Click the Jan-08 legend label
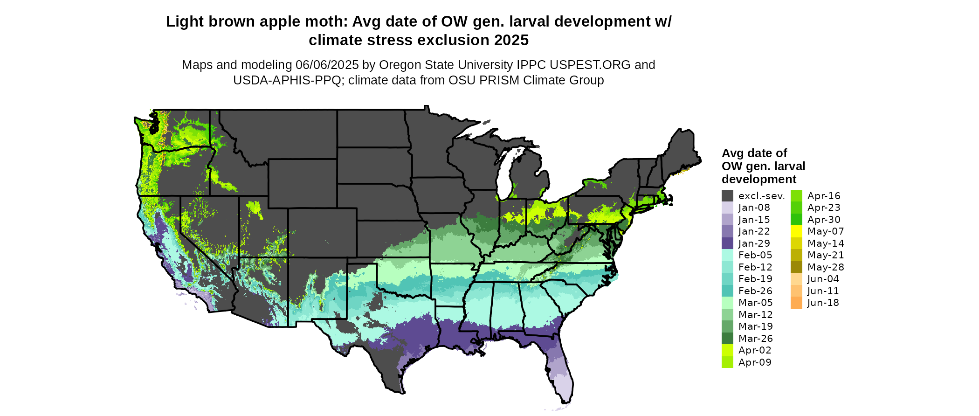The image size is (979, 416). click(754, 208)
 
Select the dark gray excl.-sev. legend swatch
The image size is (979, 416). click(727, 196)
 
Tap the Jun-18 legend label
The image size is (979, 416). click(823, 303)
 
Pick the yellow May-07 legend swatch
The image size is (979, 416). click(797, 231)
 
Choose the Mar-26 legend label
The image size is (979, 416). click(756, 339)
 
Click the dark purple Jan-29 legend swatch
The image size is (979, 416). click(727, 243)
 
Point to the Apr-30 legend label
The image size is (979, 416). click(824, 220)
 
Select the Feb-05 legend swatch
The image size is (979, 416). click(727, 255)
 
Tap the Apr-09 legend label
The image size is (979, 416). click(755, 362)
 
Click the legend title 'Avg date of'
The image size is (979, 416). click(754, 153)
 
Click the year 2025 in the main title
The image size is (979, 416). click(511, 40)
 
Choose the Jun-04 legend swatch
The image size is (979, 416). click(797, 279)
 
